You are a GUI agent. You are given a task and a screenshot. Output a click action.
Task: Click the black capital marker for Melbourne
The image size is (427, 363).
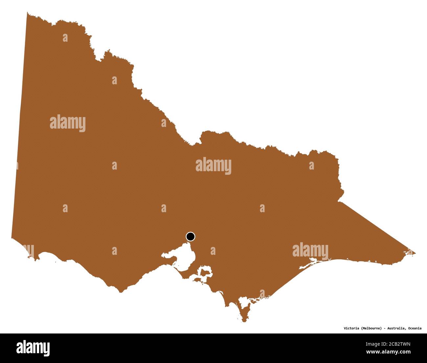coord(190,236)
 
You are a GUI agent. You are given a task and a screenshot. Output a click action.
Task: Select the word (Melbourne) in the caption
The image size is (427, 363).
coord(371,328)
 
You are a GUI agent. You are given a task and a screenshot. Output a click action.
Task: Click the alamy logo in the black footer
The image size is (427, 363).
coord(33,348)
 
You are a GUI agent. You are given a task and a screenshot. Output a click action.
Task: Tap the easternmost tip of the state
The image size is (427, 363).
coord(415,253)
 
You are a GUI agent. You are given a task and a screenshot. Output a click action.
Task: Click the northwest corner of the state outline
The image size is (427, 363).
coord(28,13)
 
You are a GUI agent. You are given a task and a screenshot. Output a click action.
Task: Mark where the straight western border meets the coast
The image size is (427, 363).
coord(11,237)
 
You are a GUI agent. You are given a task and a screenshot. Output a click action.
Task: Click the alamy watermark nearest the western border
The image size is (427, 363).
coord(68,123)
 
